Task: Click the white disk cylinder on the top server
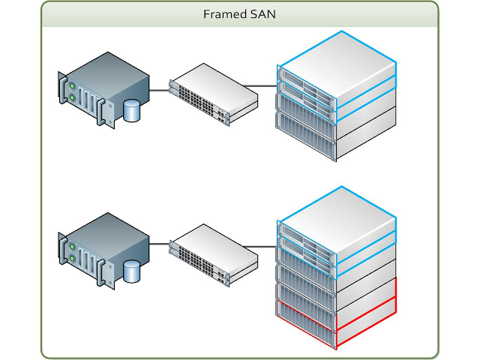pyautogui.click(x=132, y=110)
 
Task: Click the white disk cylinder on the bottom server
pyautogui.click(x=132, y=271)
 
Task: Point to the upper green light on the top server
pyautogui.click(x=73, y=84)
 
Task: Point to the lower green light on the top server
pyautogui.click(x=73, y=97)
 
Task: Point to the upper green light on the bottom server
pyautogui.click(x=73, y=244)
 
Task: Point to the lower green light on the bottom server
pyautogui.click(x=73, y=259)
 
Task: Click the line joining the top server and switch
pyautogui.click(x=159, y=91)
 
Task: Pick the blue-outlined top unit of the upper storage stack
pyautogui.click(x=337, y=64)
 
